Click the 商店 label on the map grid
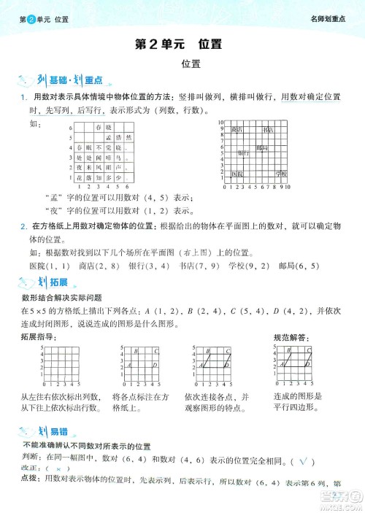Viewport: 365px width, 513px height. click(x=236, y=131)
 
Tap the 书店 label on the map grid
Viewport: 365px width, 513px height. click(x=268, y=131)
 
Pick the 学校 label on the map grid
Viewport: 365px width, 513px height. click(x=281, y=174)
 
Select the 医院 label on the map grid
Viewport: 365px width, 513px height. click(x=237, y=174)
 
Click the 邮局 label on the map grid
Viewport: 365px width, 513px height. click(x=261, y=147)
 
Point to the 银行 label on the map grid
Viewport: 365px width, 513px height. click(x=243, y=154)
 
